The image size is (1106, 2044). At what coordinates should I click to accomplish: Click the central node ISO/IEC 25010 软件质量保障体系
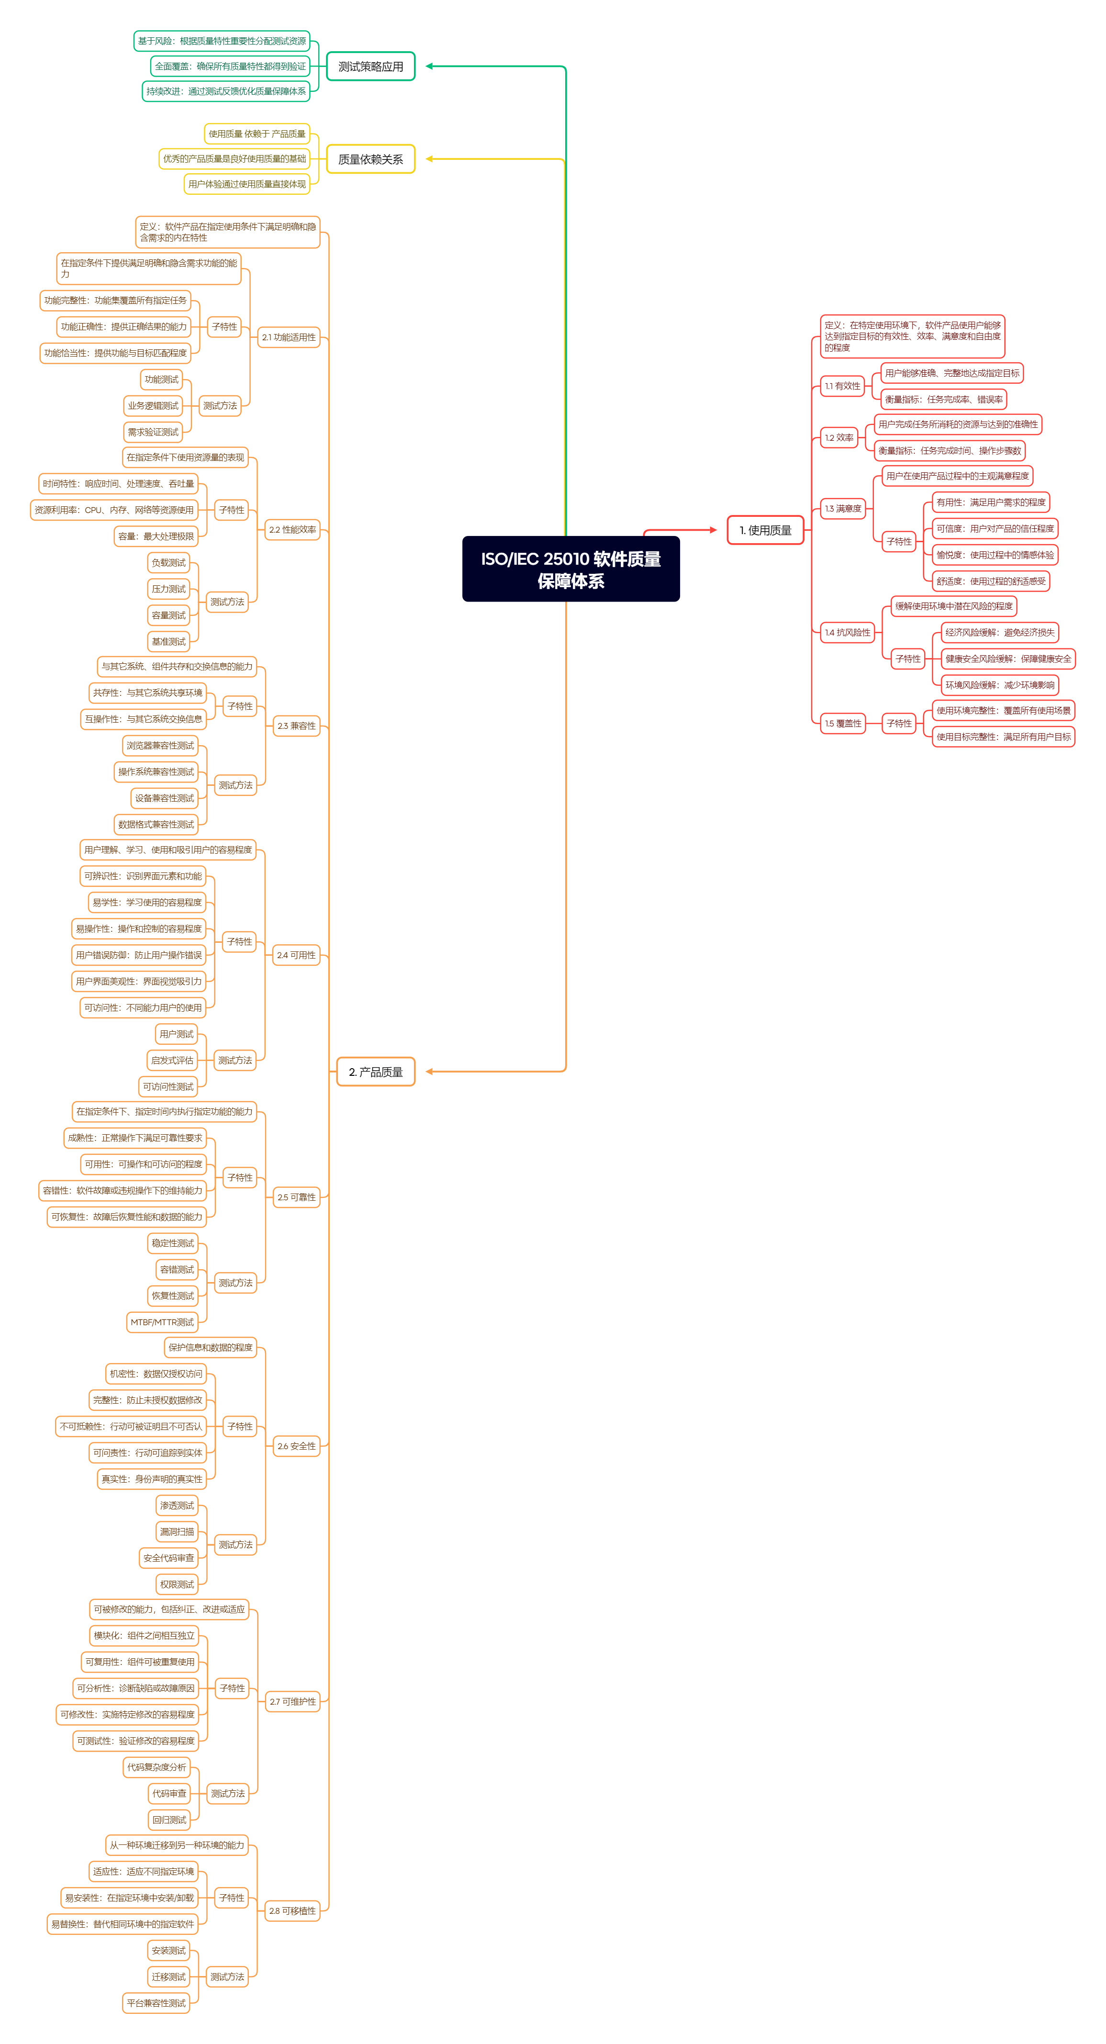[x=570, y=569]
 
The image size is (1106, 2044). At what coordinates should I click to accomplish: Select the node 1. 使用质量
[x=765, y=530]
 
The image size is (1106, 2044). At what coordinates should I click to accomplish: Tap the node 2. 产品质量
[x=375, y=1071]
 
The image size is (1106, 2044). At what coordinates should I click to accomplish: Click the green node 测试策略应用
[x=370, y=67]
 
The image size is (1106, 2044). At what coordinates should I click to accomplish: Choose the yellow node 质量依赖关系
[x=370, y=159]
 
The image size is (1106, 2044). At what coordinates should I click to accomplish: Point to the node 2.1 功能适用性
[x=288, y=337]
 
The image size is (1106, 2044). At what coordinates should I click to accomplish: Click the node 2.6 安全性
[x=296, y=1446]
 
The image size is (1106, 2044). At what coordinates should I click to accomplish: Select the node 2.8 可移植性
[x=292, y=1910]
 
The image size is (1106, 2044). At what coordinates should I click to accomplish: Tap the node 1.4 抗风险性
[x=847, y=632]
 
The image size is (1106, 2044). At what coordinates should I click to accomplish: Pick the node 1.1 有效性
[x=842, y=386]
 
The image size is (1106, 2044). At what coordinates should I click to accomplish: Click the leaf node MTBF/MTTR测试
[x=162, y=1322]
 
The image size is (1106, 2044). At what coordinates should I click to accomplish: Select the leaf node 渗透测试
[x=177, y=1505]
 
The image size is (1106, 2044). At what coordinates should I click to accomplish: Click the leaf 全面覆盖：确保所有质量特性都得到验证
[x=230, y=66]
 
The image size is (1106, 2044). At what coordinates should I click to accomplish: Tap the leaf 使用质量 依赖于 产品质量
[x=256, y=134]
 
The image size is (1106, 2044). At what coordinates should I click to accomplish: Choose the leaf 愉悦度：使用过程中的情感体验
[x=994, y=555]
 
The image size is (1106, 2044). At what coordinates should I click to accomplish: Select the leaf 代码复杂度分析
[x=156, y=1767]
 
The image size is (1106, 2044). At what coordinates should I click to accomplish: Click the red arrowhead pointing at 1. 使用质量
[x=713, y=530]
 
